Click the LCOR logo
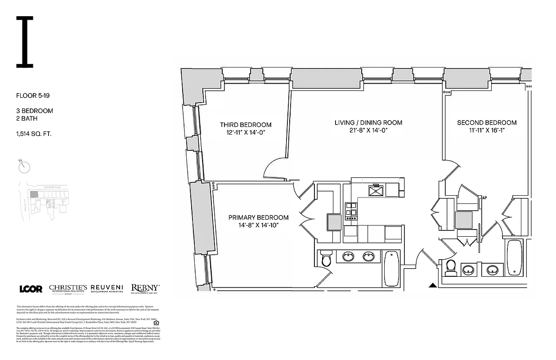31,289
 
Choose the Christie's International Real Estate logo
68,289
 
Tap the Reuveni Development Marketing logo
107,288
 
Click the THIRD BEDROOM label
246,125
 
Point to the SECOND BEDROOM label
487,122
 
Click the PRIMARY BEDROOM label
258,217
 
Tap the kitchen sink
376,191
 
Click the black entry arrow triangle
432,285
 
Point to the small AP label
484,198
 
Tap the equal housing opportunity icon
157,322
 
